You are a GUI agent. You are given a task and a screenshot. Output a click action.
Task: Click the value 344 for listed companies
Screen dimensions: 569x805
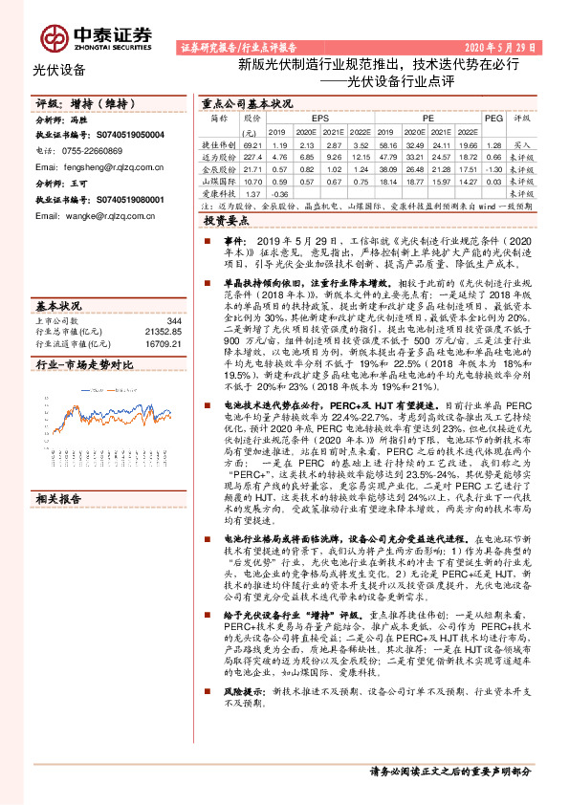(174, 320)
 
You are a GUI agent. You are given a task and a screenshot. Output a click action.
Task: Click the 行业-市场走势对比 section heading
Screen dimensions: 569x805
(83, 364)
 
